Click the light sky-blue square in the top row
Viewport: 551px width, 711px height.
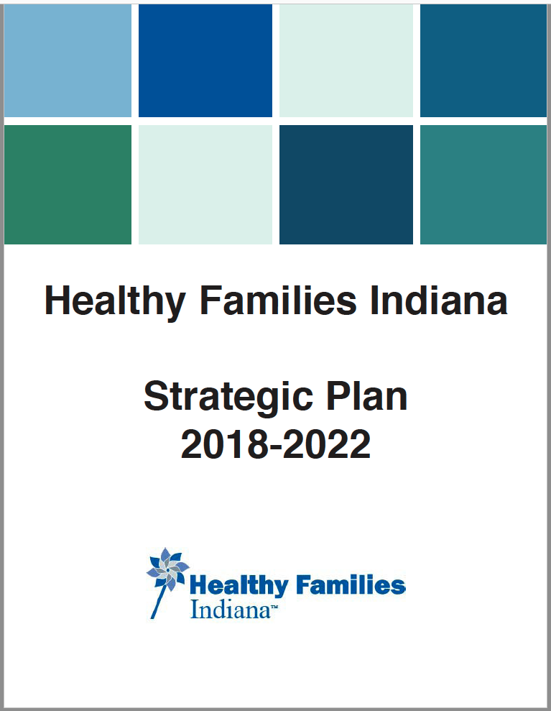(x=68, y=61)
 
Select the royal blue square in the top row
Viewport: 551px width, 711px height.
(x=205, y=61)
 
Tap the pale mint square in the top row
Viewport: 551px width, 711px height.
(x=346, y=61)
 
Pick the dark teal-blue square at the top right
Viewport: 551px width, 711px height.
(x=483, y=61)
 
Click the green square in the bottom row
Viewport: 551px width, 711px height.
(x=68, y=185)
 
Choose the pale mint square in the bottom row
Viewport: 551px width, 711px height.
(x=205, y=185)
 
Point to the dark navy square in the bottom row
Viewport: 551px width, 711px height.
(x=346, y=185)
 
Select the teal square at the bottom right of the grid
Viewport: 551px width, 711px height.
(x=483, y=185)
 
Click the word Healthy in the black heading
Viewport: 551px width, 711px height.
(x=116, y=302)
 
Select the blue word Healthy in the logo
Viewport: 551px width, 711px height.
(x=239, y=585)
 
